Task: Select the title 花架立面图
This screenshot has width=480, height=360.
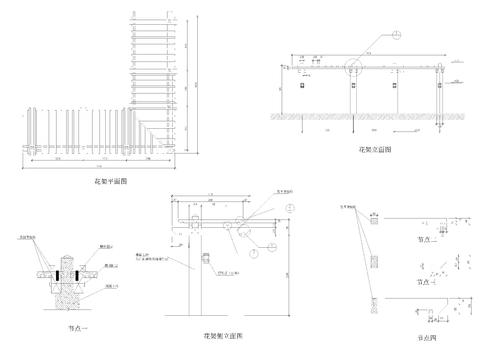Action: [375, 149]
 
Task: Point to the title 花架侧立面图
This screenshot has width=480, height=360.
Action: [222, 334]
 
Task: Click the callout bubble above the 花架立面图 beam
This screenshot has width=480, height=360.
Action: [395, 34]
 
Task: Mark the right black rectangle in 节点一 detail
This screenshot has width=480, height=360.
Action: [81, 273]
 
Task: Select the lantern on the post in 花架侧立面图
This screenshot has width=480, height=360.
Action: [207, 262]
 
